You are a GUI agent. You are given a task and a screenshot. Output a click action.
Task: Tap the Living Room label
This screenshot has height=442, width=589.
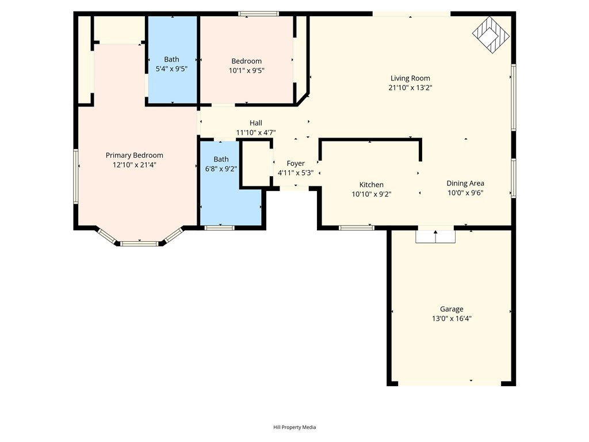[x=410, y=78]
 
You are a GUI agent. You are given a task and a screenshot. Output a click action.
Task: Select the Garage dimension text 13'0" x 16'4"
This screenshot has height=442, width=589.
[x=452, y=318]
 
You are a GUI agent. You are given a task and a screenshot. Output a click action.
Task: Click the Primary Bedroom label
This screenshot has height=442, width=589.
[x=134, y=155]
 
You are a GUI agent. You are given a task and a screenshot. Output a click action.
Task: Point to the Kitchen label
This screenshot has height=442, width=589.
[x=371, y=185]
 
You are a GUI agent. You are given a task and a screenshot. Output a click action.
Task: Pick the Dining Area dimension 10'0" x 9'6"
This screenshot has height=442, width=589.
[x=465, y=193]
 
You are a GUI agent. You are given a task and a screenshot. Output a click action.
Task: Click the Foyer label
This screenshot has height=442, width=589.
[x=296, y=163]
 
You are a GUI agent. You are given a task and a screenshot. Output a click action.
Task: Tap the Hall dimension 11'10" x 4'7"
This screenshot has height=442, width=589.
[x=256, y=132]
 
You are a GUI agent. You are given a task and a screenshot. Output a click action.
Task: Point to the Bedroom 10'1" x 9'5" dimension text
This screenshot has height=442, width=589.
[x=246, y=70]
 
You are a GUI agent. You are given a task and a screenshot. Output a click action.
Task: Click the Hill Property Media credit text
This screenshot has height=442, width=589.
[x=294, y=427]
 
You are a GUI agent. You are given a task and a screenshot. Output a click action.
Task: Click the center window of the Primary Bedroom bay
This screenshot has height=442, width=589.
[x=139, y=243]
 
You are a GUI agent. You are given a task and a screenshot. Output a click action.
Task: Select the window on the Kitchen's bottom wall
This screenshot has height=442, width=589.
[x=356, y=228]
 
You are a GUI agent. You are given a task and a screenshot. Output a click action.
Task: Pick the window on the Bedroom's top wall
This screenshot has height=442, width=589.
[x=258, y=13]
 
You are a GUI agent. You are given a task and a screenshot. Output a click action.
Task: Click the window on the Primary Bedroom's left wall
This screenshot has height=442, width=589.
[x=75, y=176]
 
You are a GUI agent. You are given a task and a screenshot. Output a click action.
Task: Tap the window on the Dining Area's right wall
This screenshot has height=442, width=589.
[x=513, y=178]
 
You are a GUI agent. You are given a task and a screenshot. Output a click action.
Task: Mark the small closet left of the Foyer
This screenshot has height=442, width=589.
[x=256, y=164]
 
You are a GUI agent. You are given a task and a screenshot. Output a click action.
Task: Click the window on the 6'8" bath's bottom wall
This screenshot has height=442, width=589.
[x=220, y=228]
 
